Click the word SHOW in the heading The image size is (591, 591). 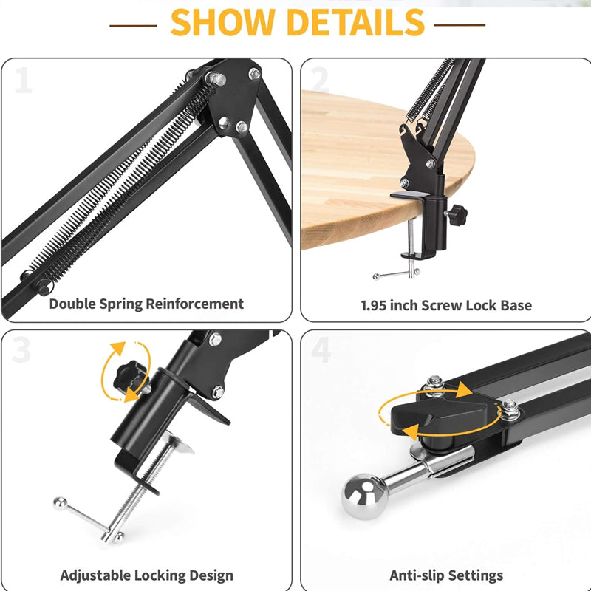click(x=222, y=23)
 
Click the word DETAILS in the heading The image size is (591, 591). click(x=356, y=23)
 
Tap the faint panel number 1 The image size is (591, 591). click(x=24, y=80)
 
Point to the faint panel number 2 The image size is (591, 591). click(x=321, y=80)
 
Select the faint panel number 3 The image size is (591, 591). click(x=21, y=349)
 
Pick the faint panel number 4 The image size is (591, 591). click(x=321, y=349)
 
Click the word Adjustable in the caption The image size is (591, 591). click(x=96, y=575)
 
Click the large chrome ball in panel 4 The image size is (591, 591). click(x=364, y=496)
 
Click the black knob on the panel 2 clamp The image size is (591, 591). click(x=457, y=215)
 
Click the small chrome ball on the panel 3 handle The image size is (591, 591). click(x=60, y=504)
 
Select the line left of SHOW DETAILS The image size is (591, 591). click(x=133, y=26)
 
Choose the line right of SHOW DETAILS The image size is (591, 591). click(x=460, y=25)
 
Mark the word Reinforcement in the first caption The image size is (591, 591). click(x=195, y=304)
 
